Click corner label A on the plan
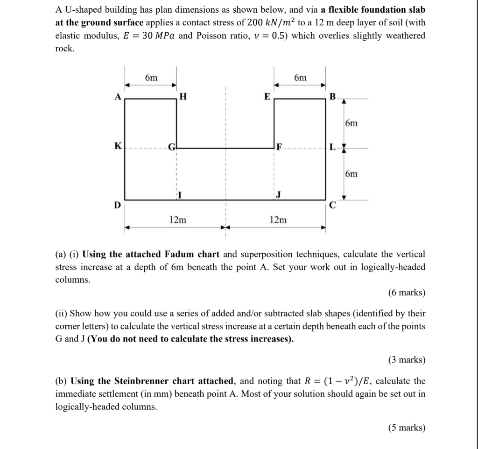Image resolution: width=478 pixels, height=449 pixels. pos(118,97)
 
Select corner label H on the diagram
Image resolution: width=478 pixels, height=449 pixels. pos(183,97)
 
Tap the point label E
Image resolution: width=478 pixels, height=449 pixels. pos(267,97)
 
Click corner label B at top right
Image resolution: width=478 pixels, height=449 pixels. pos(332,97)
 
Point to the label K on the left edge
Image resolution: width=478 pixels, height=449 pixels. pos(117,146)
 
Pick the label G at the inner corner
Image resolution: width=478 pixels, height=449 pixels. pos(171,148)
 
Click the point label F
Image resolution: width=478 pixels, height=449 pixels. pos(279,148)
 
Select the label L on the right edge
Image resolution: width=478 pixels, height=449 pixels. pos(332,148)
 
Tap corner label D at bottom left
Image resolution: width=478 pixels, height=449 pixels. pos(118,205)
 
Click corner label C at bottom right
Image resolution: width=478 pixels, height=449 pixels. pos(332,205)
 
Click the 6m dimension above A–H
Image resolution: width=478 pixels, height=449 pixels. pos(151,78)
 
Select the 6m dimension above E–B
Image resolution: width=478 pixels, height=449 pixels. pos(301,78)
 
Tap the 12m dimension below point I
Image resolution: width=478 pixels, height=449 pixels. pos(177,220)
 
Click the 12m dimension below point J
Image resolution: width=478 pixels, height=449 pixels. pos(278,220)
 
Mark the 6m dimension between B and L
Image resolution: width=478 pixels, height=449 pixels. pos(352,123)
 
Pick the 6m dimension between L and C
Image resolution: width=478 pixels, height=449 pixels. pos(352,174)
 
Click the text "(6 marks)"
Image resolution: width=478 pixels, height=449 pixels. pos(407,292)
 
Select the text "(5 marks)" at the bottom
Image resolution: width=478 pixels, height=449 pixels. pos(407,427)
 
